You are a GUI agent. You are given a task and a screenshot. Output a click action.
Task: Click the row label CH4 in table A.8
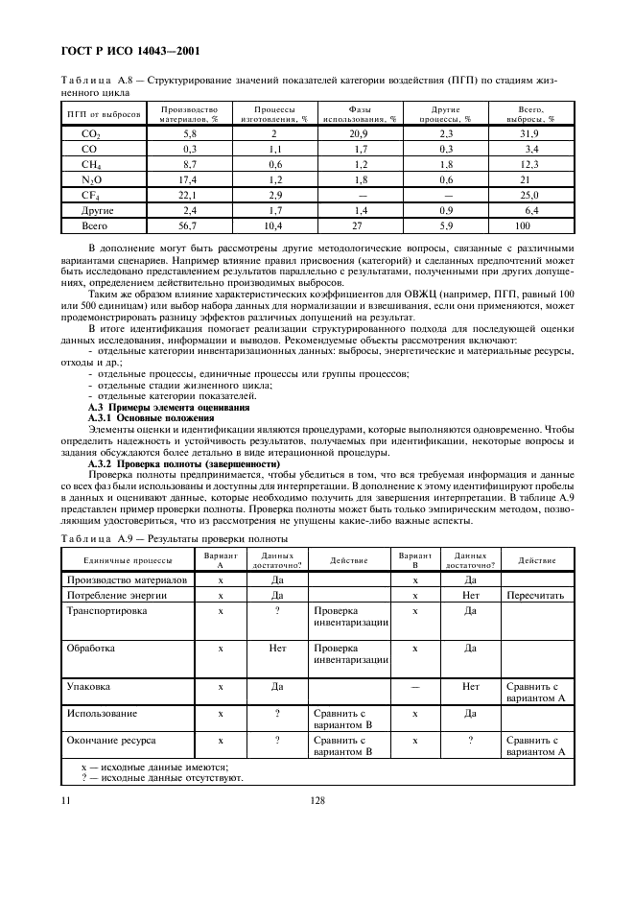pyautogui.click(x=92, y=164)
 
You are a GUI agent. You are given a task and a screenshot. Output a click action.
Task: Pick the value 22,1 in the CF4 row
pyautogui.click(x=189, y=195)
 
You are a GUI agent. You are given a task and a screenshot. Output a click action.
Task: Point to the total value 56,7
pyautogui.click(x=189, y=225)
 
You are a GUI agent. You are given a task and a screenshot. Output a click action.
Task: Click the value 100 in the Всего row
pyautogui.click(x=522, y=225)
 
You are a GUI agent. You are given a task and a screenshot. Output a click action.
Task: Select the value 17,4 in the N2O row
pyautogui.click(x=189, y=179)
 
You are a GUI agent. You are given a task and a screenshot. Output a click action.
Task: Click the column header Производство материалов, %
pyautogui.click(x=189, y=114)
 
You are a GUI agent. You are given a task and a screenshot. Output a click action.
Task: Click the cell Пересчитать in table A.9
pyautogui.click(x=534, y=596)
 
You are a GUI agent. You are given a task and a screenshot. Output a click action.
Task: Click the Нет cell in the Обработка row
pyautogui.click(x=278, y=649)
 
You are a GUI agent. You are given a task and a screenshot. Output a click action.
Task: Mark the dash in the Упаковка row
pyautogui.click(x=415, y=687)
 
